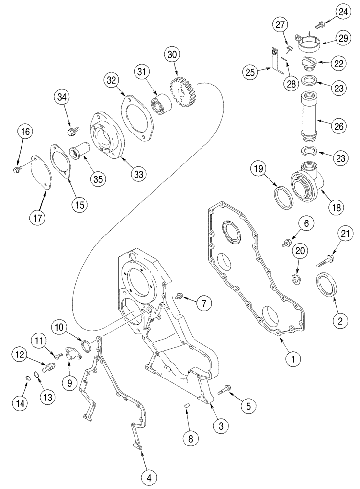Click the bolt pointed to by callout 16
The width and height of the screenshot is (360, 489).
click(x=16, y=169)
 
